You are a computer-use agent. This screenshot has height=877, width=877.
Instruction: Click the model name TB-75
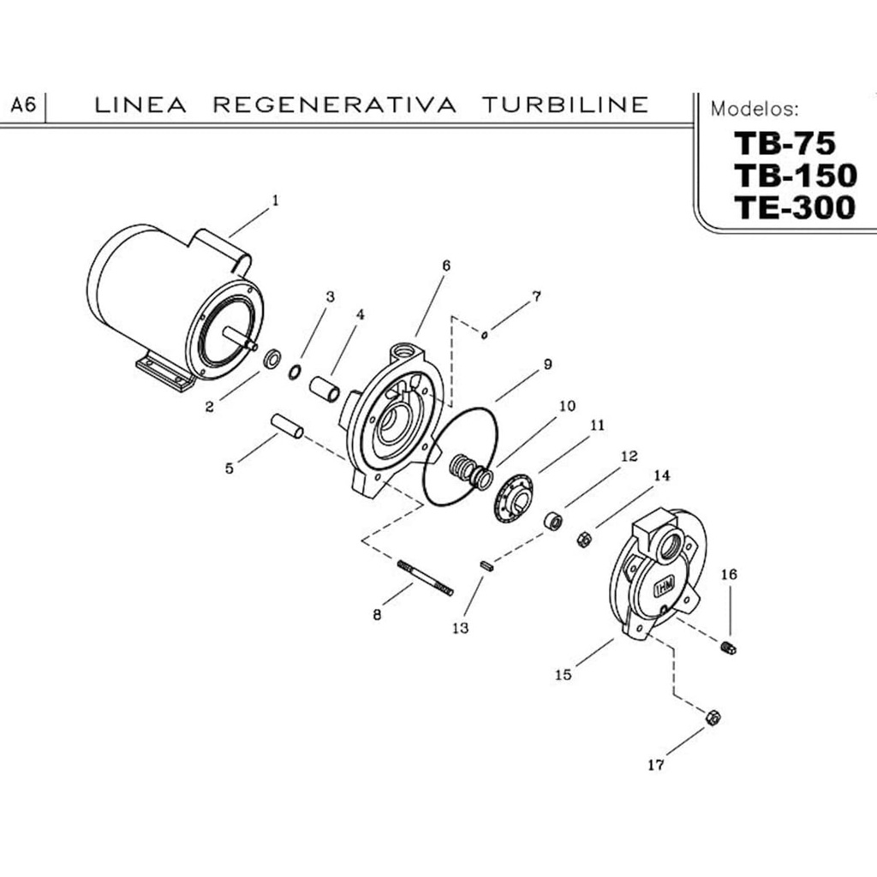point(784,142)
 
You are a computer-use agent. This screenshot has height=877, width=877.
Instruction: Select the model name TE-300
point(794,207)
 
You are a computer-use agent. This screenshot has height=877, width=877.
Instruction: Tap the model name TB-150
point(794,175)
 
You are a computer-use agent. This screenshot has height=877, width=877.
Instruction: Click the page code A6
point(23,105)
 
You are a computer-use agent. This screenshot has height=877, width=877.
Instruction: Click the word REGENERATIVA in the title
point(333,104)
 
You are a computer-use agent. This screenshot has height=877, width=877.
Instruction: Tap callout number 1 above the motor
point(275,200)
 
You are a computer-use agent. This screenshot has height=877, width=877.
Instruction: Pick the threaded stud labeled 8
point(425,577)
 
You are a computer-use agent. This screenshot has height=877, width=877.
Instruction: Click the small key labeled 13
point(486,565)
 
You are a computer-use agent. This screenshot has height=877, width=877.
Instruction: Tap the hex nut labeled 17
point(712,717)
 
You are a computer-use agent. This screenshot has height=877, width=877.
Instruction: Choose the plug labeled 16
point(729,647)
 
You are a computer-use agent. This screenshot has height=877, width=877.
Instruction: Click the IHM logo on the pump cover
point(665,588)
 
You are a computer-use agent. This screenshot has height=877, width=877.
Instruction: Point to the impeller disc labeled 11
point(514,496)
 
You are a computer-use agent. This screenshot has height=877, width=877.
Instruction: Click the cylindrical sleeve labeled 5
point(287,426)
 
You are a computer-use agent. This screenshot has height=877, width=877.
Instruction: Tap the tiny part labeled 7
point(485,335)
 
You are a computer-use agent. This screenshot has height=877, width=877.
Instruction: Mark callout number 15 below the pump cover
point(563,674)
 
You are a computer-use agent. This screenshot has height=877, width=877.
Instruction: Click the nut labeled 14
point(584,539)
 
